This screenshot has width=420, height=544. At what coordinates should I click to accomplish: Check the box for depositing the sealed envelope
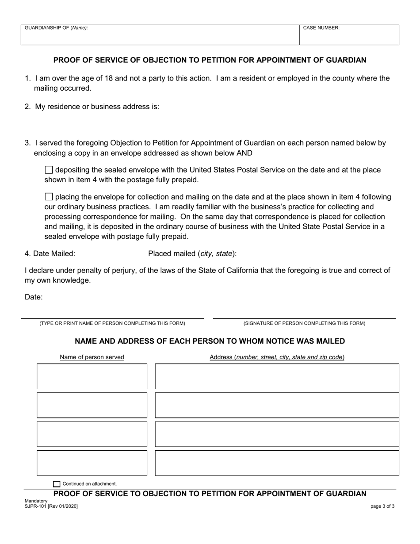(49, 170)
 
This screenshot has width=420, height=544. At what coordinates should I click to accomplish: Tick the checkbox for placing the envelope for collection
(49, 197)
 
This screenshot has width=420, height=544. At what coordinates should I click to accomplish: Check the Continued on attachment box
(56, 484)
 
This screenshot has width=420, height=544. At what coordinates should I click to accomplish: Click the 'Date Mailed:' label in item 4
(50, 253)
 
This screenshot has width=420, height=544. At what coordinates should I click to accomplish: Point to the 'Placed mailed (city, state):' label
(192, 253)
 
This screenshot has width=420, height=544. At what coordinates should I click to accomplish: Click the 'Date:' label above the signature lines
(34, 297)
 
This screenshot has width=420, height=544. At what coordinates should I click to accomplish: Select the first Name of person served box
(92, 376)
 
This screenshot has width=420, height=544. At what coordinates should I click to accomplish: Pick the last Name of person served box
(92, 463)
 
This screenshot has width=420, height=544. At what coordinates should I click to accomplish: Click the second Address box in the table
(277, 405)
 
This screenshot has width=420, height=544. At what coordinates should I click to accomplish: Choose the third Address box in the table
(277, 434)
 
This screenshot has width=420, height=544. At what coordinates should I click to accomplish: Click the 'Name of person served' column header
(92, 357)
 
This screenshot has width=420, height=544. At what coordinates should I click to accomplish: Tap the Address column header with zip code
(277, 357)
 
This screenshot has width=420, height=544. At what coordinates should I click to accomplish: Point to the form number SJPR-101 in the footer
(51, 506)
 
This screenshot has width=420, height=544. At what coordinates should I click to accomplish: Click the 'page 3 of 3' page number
(382, 506)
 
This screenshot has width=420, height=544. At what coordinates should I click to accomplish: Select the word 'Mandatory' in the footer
(36, 501)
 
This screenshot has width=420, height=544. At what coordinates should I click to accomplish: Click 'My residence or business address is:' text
(97, 107)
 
